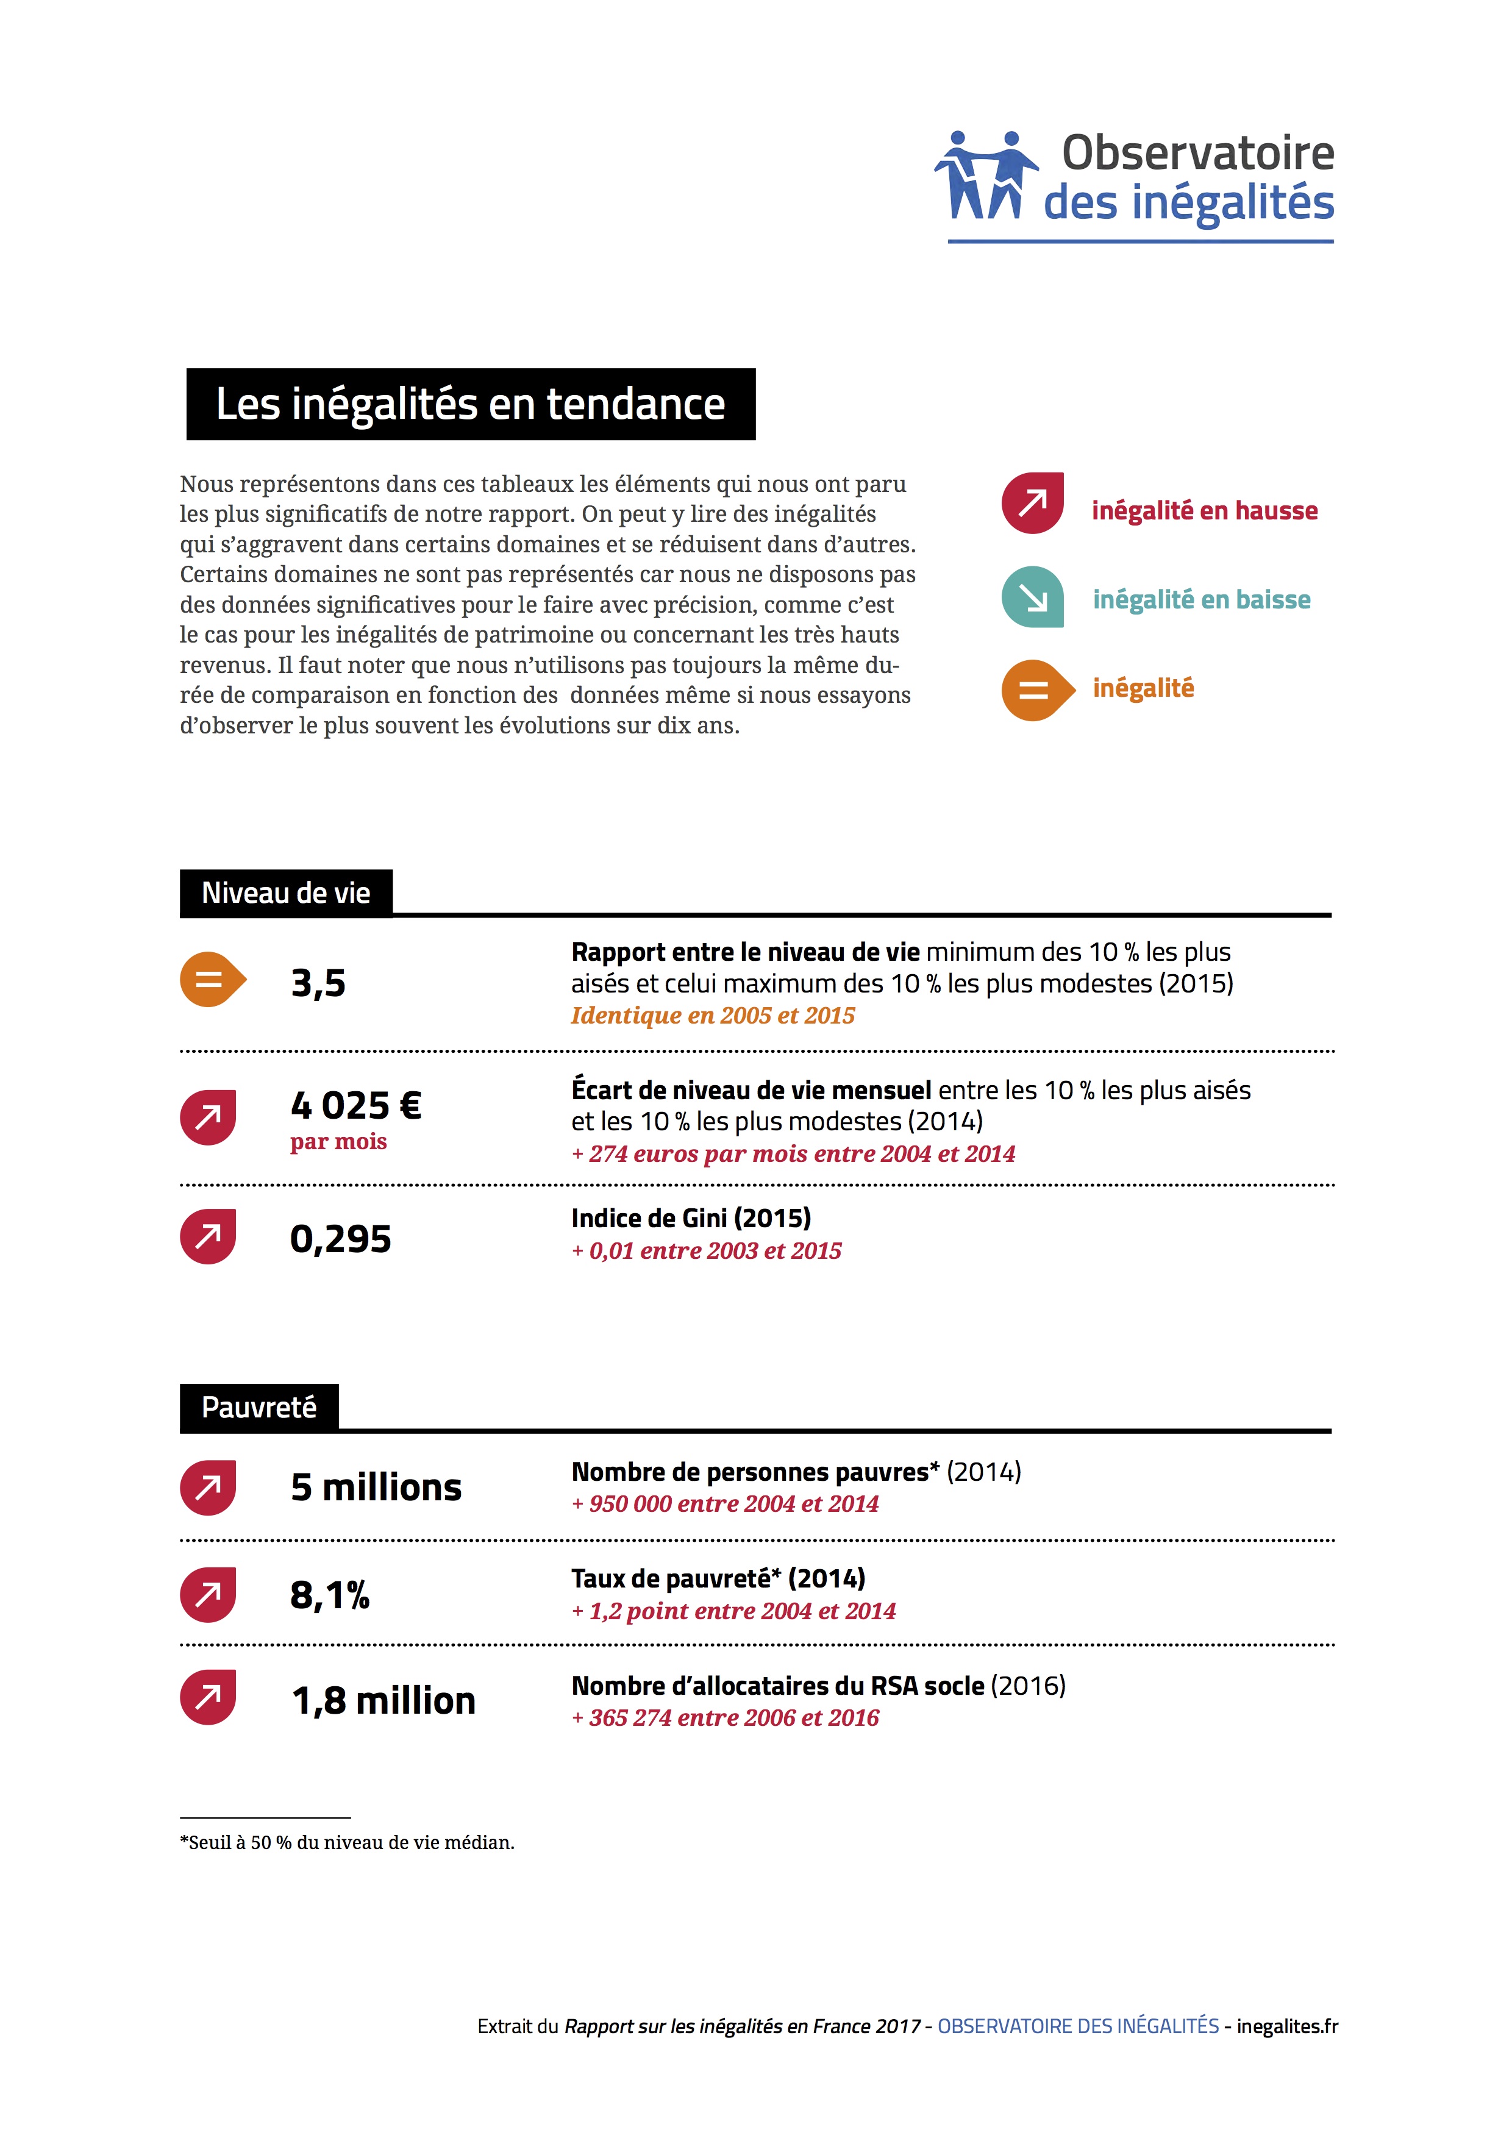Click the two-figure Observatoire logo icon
point(985,175)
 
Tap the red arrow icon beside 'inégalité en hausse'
point(1033,504)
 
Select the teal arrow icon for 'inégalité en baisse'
point(1033,597)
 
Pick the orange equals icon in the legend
point(1035,690)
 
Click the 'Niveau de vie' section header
point(286,893)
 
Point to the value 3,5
point(318,983)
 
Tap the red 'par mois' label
point(338,1142)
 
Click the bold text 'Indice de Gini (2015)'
point(691,1218)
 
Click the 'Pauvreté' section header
point(259,1407)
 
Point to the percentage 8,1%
point(330,1595)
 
